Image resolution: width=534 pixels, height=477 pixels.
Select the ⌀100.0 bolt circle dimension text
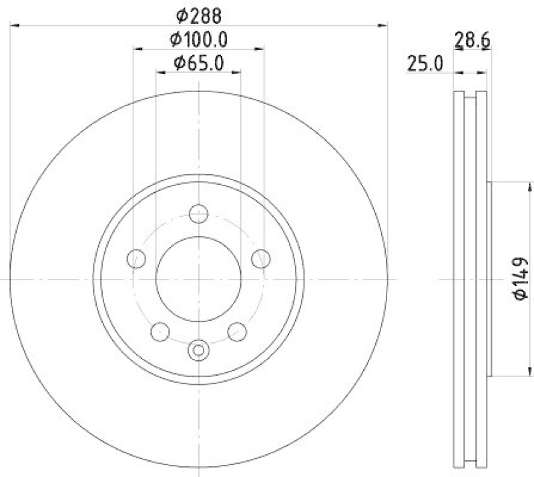pos(199,39)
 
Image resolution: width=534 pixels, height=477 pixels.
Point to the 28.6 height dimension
pos(473,41)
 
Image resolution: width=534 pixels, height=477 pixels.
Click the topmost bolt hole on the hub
pos(198,214)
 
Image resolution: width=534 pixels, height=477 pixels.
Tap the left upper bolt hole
pos(136,258)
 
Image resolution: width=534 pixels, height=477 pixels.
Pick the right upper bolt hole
pos(261,258)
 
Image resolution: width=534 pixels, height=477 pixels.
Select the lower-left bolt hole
pos(160,330)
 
